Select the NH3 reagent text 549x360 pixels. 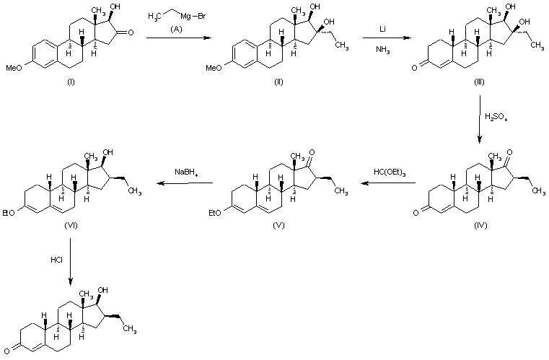coord(385,49)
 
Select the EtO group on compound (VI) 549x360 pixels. coord(9,212)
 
